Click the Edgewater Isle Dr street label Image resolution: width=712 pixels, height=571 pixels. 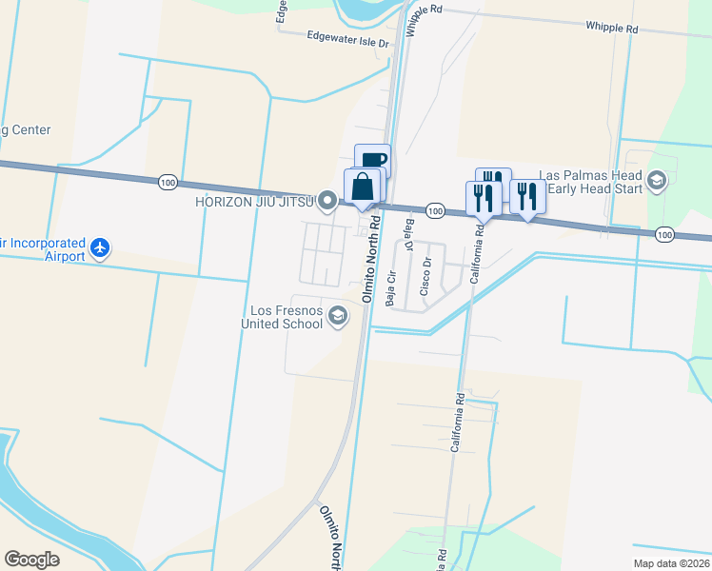pos(348,41)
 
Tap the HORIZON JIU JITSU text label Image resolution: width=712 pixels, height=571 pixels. pos(256,201)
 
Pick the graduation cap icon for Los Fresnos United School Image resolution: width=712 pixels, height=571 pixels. pos(338,316)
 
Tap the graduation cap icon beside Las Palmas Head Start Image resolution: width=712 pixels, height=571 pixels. pos(656,181)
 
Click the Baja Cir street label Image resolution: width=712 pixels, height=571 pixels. pos(391,287)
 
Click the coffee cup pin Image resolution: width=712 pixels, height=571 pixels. pos(373,160)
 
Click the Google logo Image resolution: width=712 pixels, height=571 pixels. pos(31,560)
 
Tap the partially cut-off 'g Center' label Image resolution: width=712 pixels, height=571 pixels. pos(25,130)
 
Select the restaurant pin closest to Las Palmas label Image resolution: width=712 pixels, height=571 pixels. pos(527,197)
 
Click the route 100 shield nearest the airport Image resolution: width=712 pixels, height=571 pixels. pos(168,182)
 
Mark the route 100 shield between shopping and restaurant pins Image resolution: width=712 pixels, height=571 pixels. pos(434,209)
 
